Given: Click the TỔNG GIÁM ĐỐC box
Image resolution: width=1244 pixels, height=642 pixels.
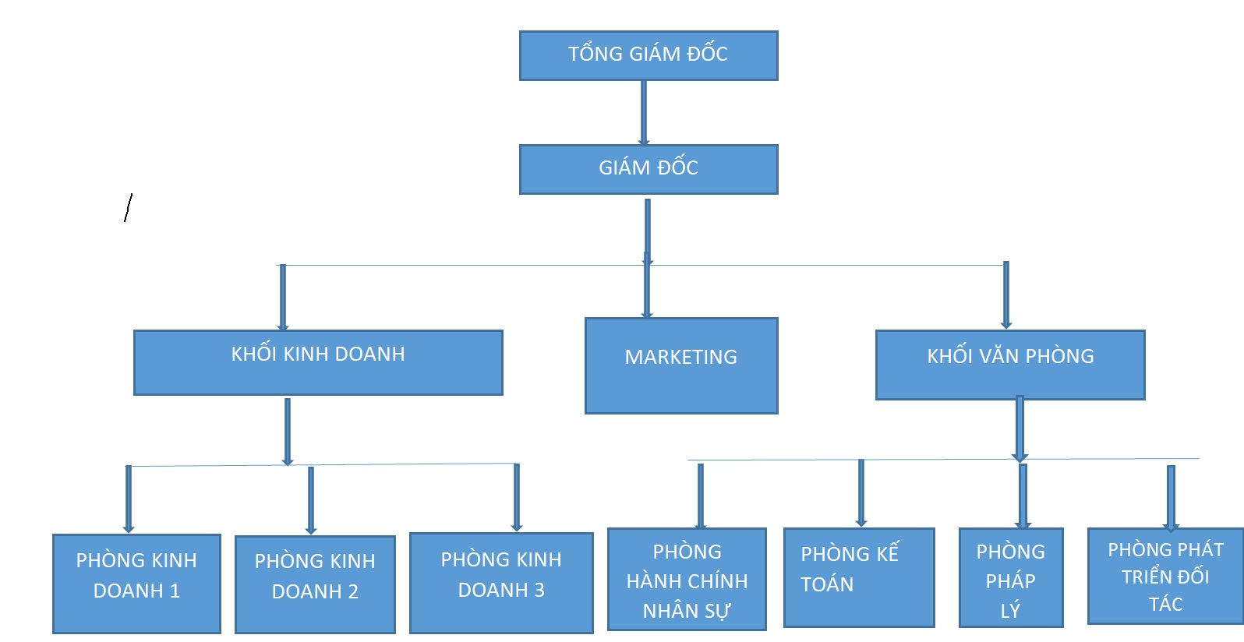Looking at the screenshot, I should (649, 55).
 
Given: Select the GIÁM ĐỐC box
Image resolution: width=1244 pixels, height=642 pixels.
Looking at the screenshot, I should (649, 169).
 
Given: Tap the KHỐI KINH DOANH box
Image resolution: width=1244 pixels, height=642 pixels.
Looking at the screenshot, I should (318, 363).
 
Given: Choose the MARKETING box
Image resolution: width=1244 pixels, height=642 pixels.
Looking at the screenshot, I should (681, 365).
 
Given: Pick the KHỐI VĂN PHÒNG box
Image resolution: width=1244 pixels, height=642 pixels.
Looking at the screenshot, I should (1010, 365).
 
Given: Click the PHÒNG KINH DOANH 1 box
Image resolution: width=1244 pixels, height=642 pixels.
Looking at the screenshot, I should (136, 583).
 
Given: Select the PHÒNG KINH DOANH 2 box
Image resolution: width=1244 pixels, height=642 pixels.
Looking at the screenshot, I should (315, 584).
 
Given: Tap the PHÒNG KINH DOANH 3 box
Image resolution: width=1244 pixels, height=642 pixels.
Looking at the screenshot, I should (501, 582).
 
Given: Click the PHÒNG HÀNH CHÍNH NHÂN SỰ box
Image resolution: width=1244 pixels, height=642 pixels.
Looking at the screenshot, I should (687, 579).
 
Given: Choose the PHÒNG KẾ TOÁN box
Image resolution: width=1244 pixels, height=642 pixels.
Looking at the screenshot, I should (858, 577).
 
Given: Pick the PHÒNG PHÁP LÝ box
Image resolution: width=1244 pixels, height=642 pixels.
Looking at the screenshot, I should (1011, 577).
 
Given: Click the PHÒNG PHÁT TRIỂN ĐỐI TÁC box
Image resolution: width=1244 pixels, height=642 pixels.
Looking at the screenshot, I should (1165, 576).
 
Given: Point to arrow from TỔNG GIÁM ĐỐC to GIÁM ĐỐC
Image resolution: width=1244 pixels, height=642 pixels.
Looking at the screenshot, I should (644, 112).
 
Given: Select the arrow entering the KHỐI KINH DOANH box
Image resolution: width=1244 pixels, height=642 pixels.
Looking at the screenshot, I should (283, 298).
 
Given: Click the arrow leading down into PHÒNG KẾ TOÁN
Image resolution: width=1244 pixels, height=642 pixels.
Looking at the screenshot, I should (861, 493).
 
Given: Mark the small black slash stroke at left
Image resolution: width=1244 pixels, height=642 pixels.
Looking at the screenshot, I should (128, 208).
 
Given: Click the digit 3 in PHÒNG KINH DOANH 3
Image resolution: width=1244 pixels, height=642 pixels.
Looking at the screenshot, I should (539, 591).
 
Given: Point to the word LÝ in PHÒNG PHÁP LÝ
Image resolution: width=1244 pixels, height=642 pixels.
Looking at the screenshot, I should (1010, 611).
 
